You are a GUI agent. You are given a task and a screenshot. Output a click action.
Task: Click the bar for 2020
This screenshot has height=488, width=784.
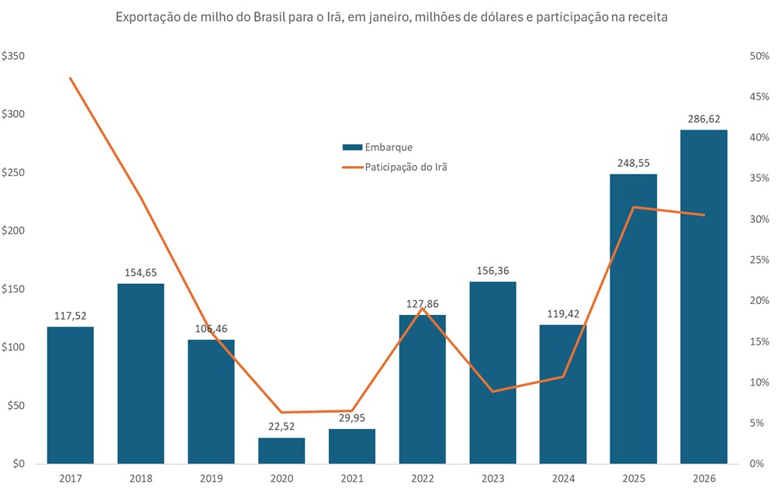[x=281, y=451]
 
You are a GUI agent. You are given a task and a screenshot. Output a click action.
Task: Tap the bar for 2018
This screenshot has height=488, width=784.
[x=140, y=373]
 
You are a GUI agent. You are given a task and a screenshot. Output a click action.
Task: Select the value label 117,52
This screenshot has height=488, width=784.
[x=71, y=317]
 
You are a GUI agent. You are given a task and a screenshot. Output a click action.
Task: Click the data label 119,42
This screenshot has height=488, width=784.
[x=563, y=314]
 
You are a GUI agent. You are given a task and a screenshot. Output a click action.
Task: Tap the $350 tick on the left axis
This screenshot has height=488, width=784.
[x=14, y=57]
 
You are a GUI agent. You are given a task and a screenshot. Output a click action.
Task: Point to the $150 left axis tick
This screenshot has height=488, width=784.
[x=14, y=289]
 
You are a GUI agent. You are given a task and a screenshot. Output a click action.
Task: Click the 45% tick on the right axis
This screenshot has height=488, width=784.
[x=758, y=97]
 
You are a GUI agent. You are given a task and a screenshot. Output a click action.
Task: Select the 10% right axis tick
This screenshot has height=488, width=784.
[x=758, y=382]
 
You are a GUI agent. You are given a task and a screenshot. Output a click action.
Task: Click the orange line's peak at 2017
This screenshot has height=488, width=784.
[x=71, y=78]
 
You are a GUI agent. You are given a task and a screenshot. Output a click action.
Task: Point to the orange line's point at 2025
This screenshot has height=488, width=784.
[x=633, y=207]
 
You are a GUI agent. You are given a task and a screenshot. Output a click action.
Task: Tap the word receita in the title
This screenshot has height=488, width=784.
[x=648, y=17]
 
